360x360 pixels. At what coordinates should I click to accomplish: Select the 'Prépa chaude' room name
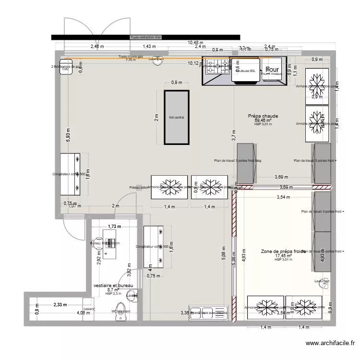[x=263, y=116]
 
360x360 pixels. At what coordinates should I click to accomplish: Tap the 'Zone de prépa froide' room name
[x=283, y=251]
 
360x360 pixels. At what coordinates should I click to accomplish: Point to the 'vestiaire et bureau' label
[x=113, y=286]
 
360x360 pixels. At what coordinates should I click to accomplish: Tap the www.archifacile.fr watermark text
[x=330, y=344]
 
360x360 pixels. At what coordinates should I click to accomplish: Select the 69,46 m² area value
[x=263, y=120]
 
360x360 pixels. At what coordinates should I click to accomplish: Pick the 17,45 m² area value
[x=283, y=256]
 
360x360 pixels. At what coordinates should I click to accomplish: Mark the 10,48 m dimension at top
[x=195, y=43]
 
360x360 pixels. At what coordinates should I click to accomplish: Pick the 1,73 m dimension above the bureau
[x=114, y=226]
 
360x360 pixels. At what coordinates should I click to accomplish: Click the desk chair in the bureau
[x=98, y=244]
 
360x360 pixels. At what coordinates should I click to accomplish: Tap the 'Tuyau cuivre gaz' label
[x=131, y=57]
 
